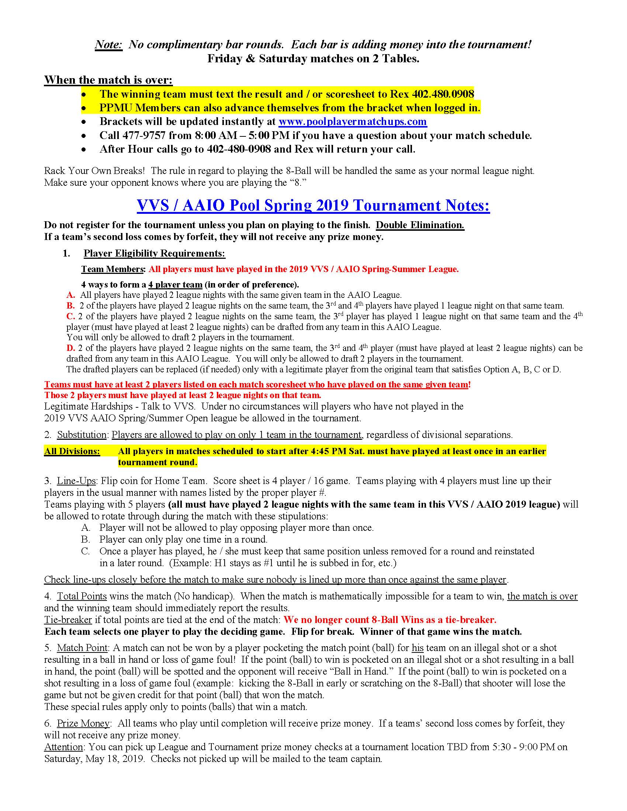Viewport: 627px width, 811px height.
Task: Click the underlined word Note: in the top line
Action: pos(108,45)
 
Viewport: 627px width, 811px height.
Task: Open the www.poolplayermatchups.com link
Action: pos(353,121)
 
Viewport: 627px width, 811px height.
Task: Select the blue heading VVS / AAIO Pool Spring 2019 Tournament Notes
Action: pos(313,205)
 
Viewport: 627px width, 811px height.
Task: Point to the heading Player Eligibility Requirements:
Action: pos(154,253)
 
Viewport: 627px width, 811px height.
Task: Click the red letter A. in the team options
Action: pos(71,295)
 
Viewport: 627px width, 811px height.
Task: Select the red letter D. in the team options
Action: pos(70,348)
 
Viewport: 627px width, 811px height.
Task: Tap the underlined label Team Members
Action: pos(112,269)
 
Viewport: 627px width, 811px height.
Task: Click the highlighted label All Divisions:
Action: pos(72,451)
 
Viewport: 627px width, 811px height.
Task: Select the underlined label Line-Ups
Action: pos(76,481)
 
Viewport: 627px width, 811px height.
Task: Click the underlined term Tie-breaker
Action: pos(68,620)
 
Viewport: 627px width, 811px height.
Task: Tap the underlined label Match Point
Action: pos(82,648)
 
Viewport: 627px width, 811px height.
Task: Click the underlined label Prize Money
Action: pos(83,723)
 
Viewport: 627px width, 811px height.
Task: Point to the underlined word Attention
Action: pos(63,747)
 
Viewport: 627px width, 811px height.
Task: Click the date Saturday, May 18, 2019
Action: pos(94,759)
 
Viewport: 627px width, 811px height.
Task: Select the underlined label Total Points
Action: pos(82,596)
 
